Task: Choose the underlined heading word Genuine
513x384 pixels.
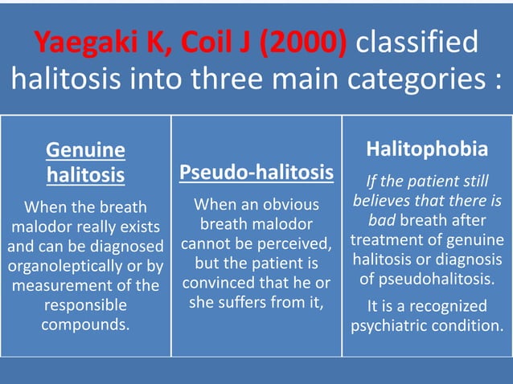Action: [x=85, y=149]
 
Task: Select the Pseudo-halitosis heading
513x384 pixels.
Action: [x=256, y=172]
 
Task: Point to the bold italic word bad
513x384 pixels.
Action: [x=384, y=219]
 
